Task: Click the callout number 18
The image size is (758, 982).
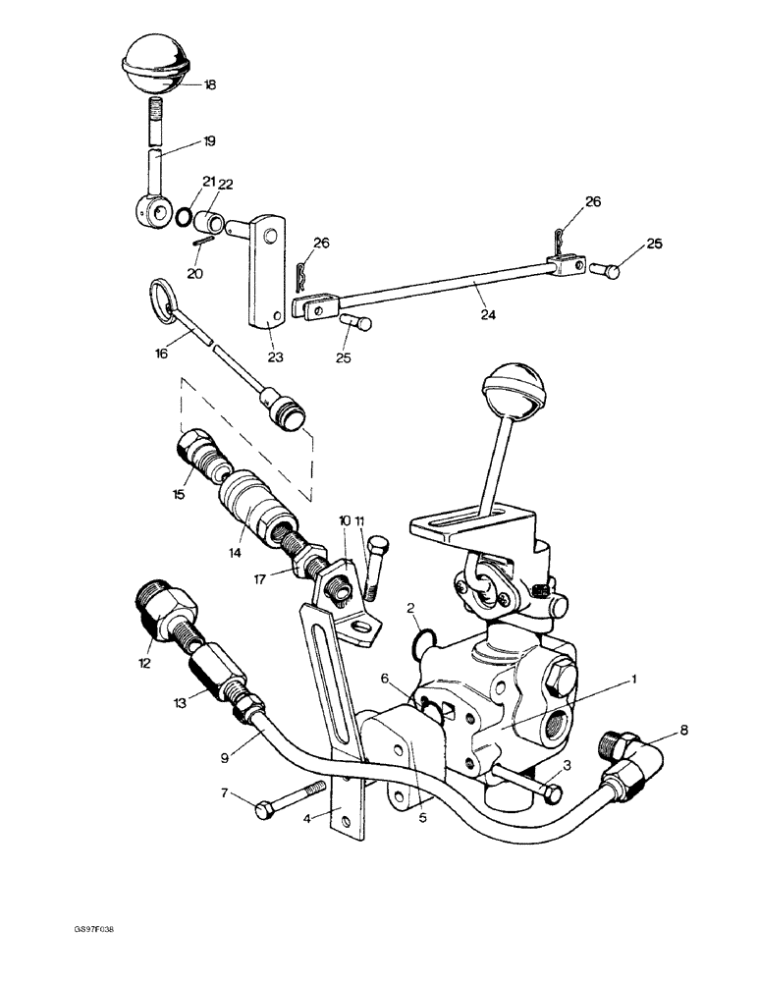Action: (209, 85)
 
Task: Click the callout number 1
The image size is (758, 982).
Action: (636, 679)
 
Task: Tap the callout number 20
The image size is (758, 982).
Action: (195, 274)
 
